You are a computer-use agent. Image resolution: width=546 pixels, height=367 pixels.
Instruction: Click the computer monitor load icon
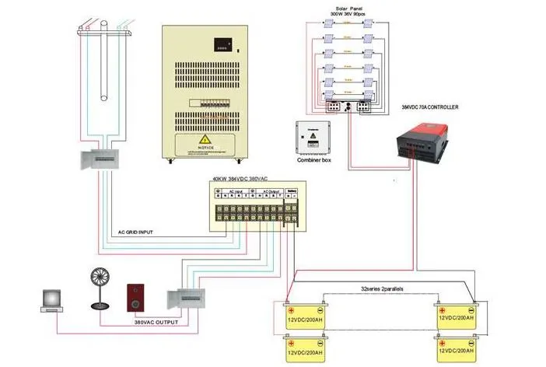52,299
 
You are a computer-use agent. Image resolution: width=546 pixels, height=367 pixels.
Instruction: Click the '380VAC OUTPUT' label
156,322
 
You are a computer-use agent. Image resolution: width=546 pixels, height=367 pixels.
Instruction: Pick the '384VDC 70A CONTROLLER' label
434,107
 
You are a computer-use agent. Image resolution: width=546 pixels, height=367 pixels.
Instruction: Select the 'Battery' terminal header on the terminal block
292,190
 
